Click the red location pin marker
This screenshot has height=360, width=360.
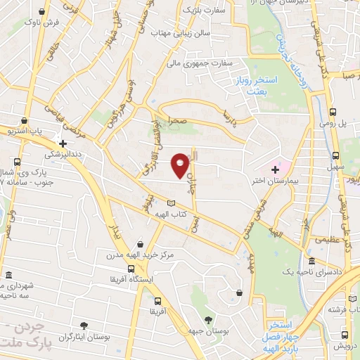pos(181,165)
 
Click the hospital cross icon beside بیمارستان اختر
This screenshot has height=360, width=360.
pos(275,171)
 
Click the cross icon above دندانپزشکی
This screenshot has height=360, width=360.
pos(63,143)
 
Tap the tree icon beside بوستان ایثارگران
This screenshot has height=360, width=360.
pos(84,326)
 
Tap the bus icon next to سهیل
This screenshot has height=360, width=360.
pos(334,155)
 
